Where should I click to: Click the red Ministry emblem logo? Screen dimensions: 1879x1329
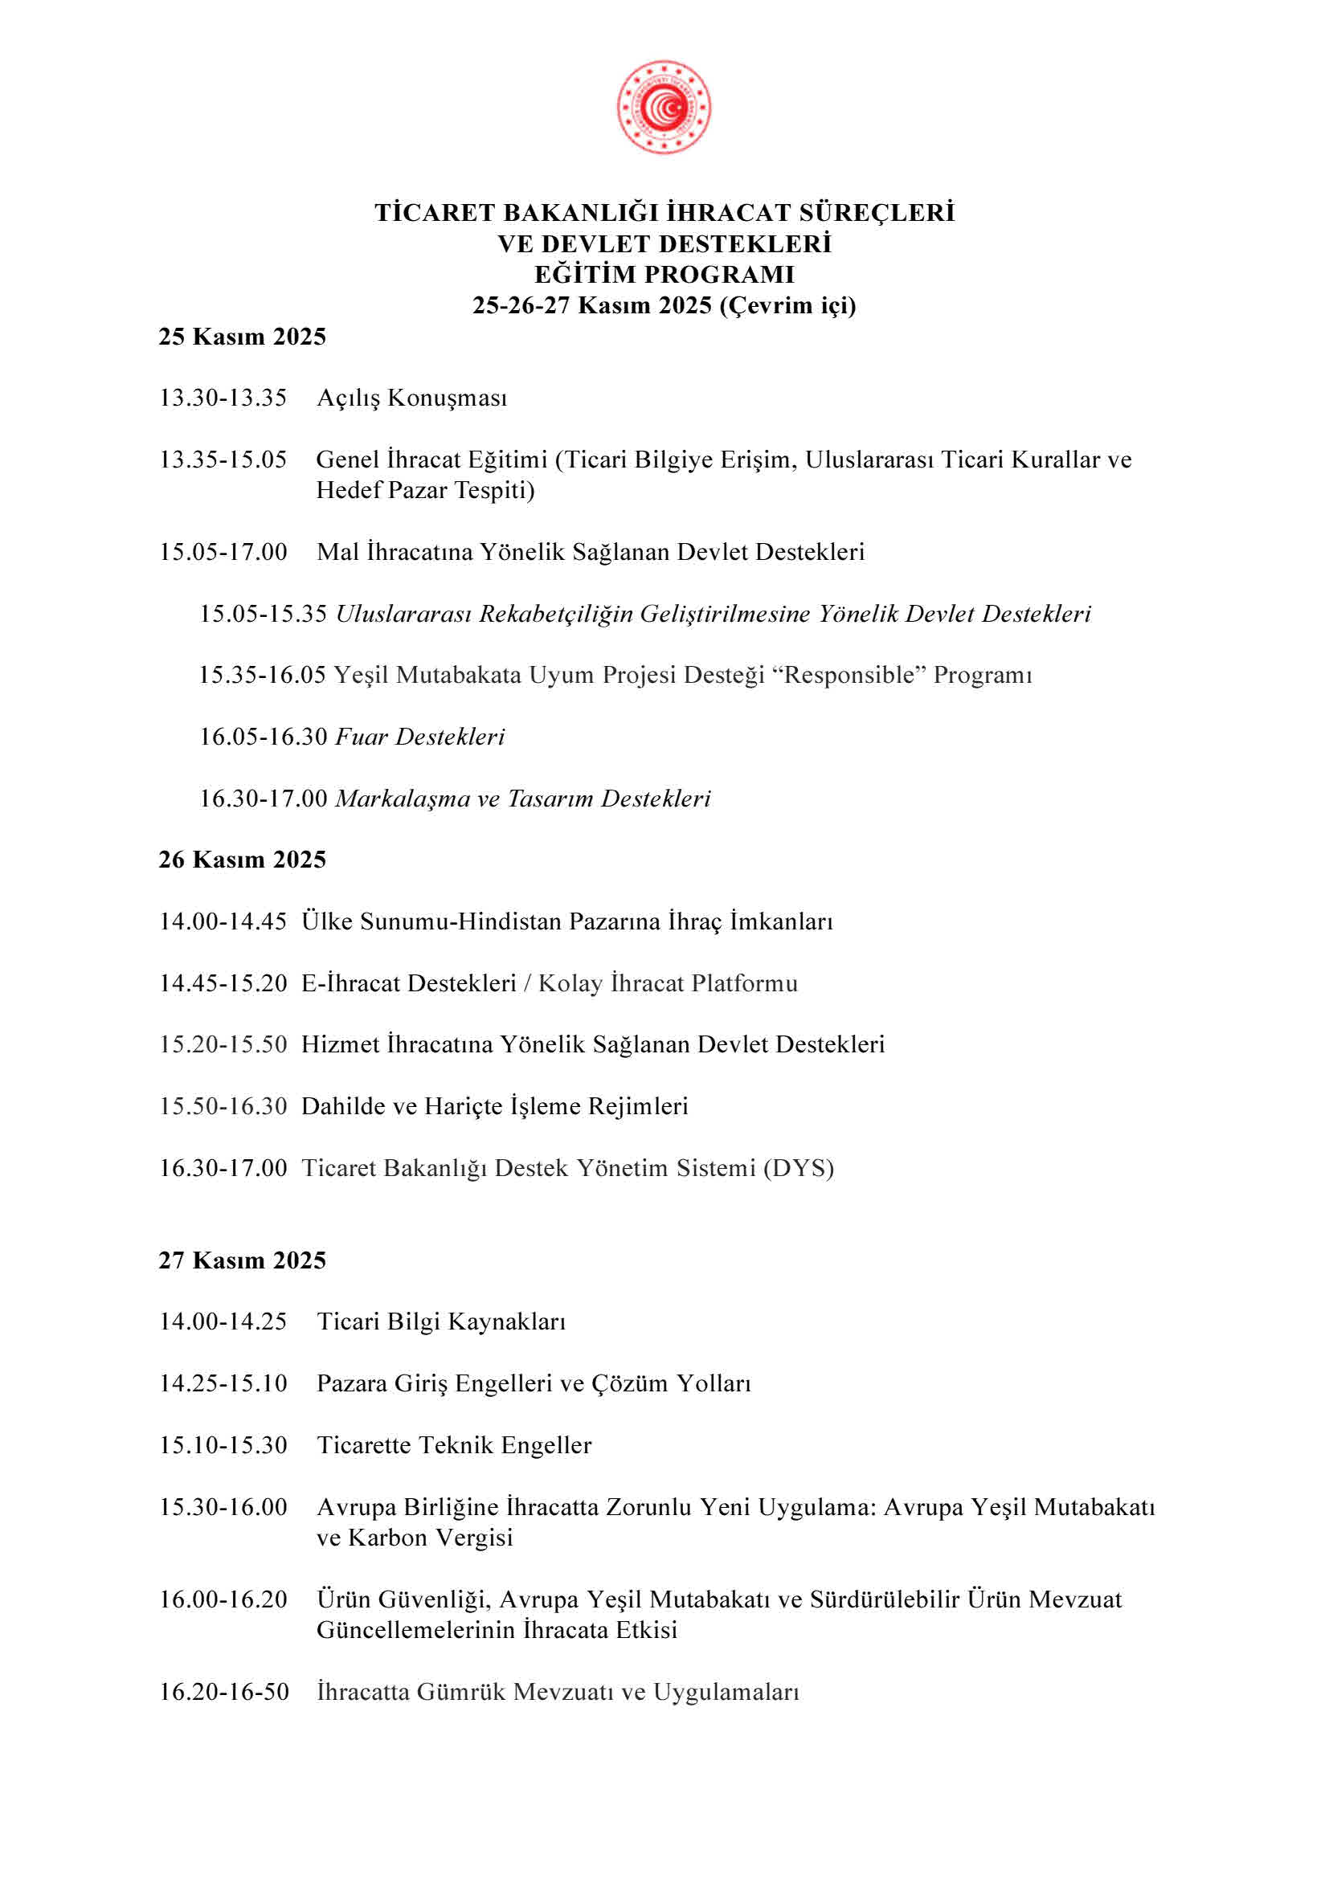click(x=664, y=106)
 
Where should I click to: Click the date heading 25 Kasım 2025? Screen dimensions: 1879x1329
click(x=242, y=337)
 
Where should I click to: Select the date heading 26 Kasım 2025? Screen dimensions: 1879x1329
click(x=242, y=860)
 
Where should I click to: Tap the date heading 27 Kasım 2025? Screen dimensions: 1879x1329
click(x=242, y=1260)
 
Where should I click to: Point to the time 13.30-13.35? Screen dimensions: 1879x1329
click(x=223, y=398)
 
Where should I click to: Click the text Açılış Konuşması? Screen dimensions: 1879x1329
click(x=411, y=398)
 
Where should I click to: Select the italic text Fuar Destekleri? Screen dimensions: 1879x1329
click(x=419, y=737)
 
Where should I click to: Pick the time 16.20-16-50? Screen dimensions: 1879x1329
click(x=223, y=1691)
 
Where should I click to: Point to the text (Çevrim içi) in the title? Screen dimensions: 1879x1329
click(x=787, y=305)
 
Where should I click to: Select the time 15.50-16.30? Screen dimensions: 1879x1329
click(x=223, y=1105)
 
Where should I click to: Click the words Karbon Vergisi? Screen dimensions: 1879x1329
click(x=431, y=1537)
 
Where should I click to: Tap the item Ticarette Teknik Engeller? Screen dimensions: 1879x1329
click(x=454, y=1444)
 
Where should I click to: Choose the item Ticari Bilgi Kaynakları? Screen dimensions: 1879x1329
click(x=441, y=1321)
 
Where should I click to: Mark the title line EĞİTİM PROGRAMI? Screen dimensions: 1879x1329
click(x=664, y=274)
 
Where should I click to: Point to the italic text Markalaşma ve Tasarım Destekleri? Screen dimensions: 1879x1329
click(x=523, y=798)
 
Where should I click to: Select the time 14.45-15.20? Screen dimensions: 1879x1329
click(x=223, y=982)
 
